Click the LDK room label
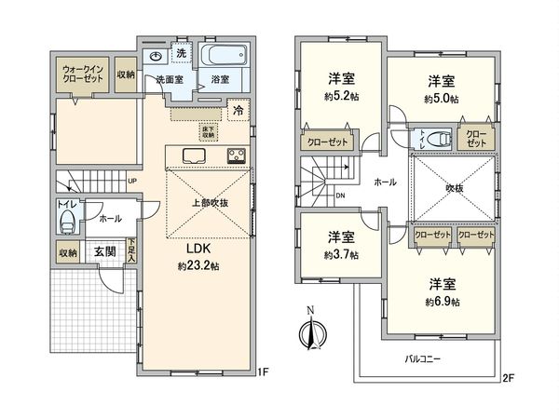[x=198, y=250]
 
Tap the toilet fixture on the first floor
[x=66, y=223]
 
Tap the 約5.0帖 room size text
[x=440, y=99]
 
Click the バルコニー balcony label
[x=423, y=358]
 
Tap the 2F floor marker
[x=507, y=377]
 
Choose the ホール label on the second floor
[x=385, y=182]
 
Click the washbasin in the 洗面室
[x=155, y=55]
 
